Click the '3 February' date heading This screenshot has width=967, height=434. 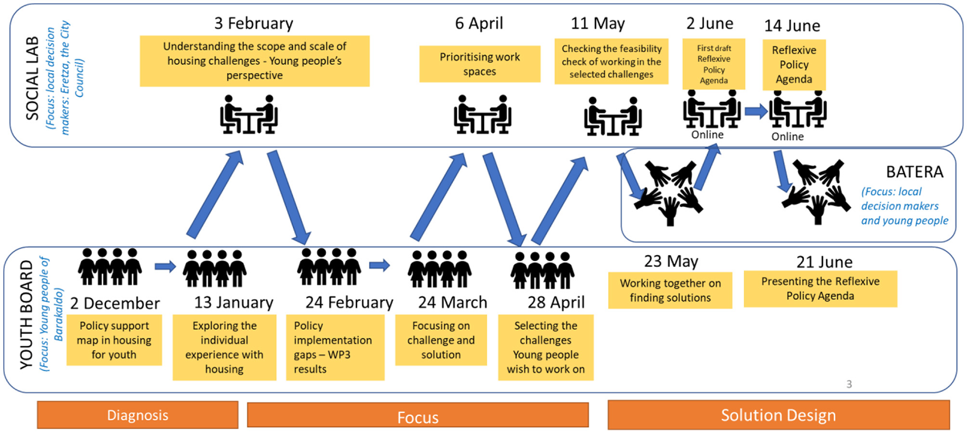pos(254,23)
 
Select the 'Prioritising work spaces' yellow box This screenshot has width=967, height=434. pos(480,64)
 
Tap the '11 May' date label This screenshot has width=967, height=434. pos(598,23)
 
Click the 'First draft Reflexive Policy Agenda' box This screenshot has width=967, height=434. pos(714,64)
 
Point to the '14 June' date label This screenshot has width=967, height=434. pos(792,26)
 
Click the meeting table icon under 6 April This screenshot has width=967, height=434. pos(482,114)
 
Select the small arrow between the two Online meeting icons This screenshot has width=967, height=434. pos(756,111)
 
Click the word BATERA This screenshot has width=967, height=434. pos(914,172)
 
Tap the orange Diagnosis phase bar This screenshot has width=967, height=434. pos(138,415)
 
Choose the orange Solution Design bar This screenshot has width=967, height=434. pos(778,415)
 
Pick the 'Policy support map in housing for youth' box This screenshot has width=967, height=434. pos(114,340)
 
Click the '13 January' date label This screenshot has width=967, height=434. pos(234,303)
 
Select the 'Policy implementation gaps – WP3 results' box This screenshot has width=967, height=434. pos(335,347)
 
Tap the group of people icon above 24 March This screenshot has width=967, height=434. pos(439,269)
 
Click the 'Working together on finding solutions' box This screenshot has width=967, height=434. pos(670,291)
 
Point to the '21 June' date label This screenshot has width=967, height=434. pos(824,262)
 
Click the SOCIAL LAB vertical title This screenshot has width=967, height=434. pos(33,78)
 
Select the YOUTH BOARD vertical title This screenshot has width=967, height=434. pos(26,315)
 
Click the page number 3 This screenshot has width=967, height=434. pos(849,384)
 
